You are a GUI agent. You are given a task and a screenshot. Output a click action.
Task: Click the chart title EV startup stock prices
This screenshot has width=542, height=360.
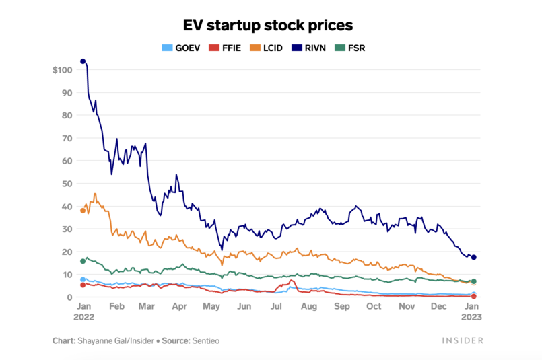pyautogui.click(x=268, y=25)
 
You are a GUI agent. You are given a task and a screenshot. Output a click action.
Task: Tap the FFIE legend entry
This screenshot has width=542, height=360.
pyautogui.click(x=224, y=48)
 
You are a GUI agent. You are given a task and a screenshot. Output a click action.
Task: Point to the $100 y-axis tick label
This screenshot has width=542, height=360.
pyautogui.click(x=62, y=70)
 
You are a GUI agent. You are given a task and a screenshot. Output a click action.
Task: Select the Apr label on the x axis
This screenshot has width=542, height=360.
pyautogui.click(x=180, y=306)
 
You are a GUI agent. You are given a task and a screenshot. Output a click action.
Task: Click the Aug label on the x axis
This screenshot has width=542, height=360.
pyautogui.click(x=309, y=306)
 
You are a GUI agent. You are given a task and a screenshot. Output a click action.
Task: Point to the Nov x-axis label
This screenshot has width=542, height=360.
pyautogui.click(x=407, y=306)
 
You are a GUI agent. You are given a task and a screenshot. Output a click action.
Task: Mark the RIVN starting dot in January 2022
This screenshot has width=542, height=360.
pyautogui.click(x=83, y=61)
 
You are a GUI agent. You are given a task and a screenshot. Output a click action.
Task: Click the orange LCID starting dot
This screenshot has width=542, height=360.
pyautogui.click(x=83, y=211)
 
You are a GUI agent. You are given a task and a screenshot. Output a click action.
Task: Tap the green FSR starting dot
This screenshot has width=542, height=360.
pyautogui.click(x=83, y=261)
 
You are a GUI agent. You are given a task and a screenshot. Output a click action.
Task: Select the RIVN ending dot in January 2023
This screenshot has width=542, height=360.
pyautogui.click(x=474, y=257)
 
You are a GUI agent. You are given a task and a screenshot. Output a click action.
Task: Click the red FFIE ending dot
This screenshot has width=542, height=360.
pyautogui.click(x=474, y=296)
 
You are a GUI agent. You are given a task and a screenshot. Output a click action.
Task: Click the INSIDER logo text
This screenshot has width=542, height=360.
pyautogui.click(x=463, y=340)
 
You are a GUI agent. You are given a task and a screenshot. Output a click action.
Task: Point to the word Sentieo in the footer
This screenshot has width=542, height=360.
pyautogui.click(x=206, y=340)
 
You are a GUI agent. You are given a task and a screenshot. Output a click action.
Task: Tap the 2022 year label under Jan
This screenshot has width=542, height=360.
pyautogui.click(x=83, y=316)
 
